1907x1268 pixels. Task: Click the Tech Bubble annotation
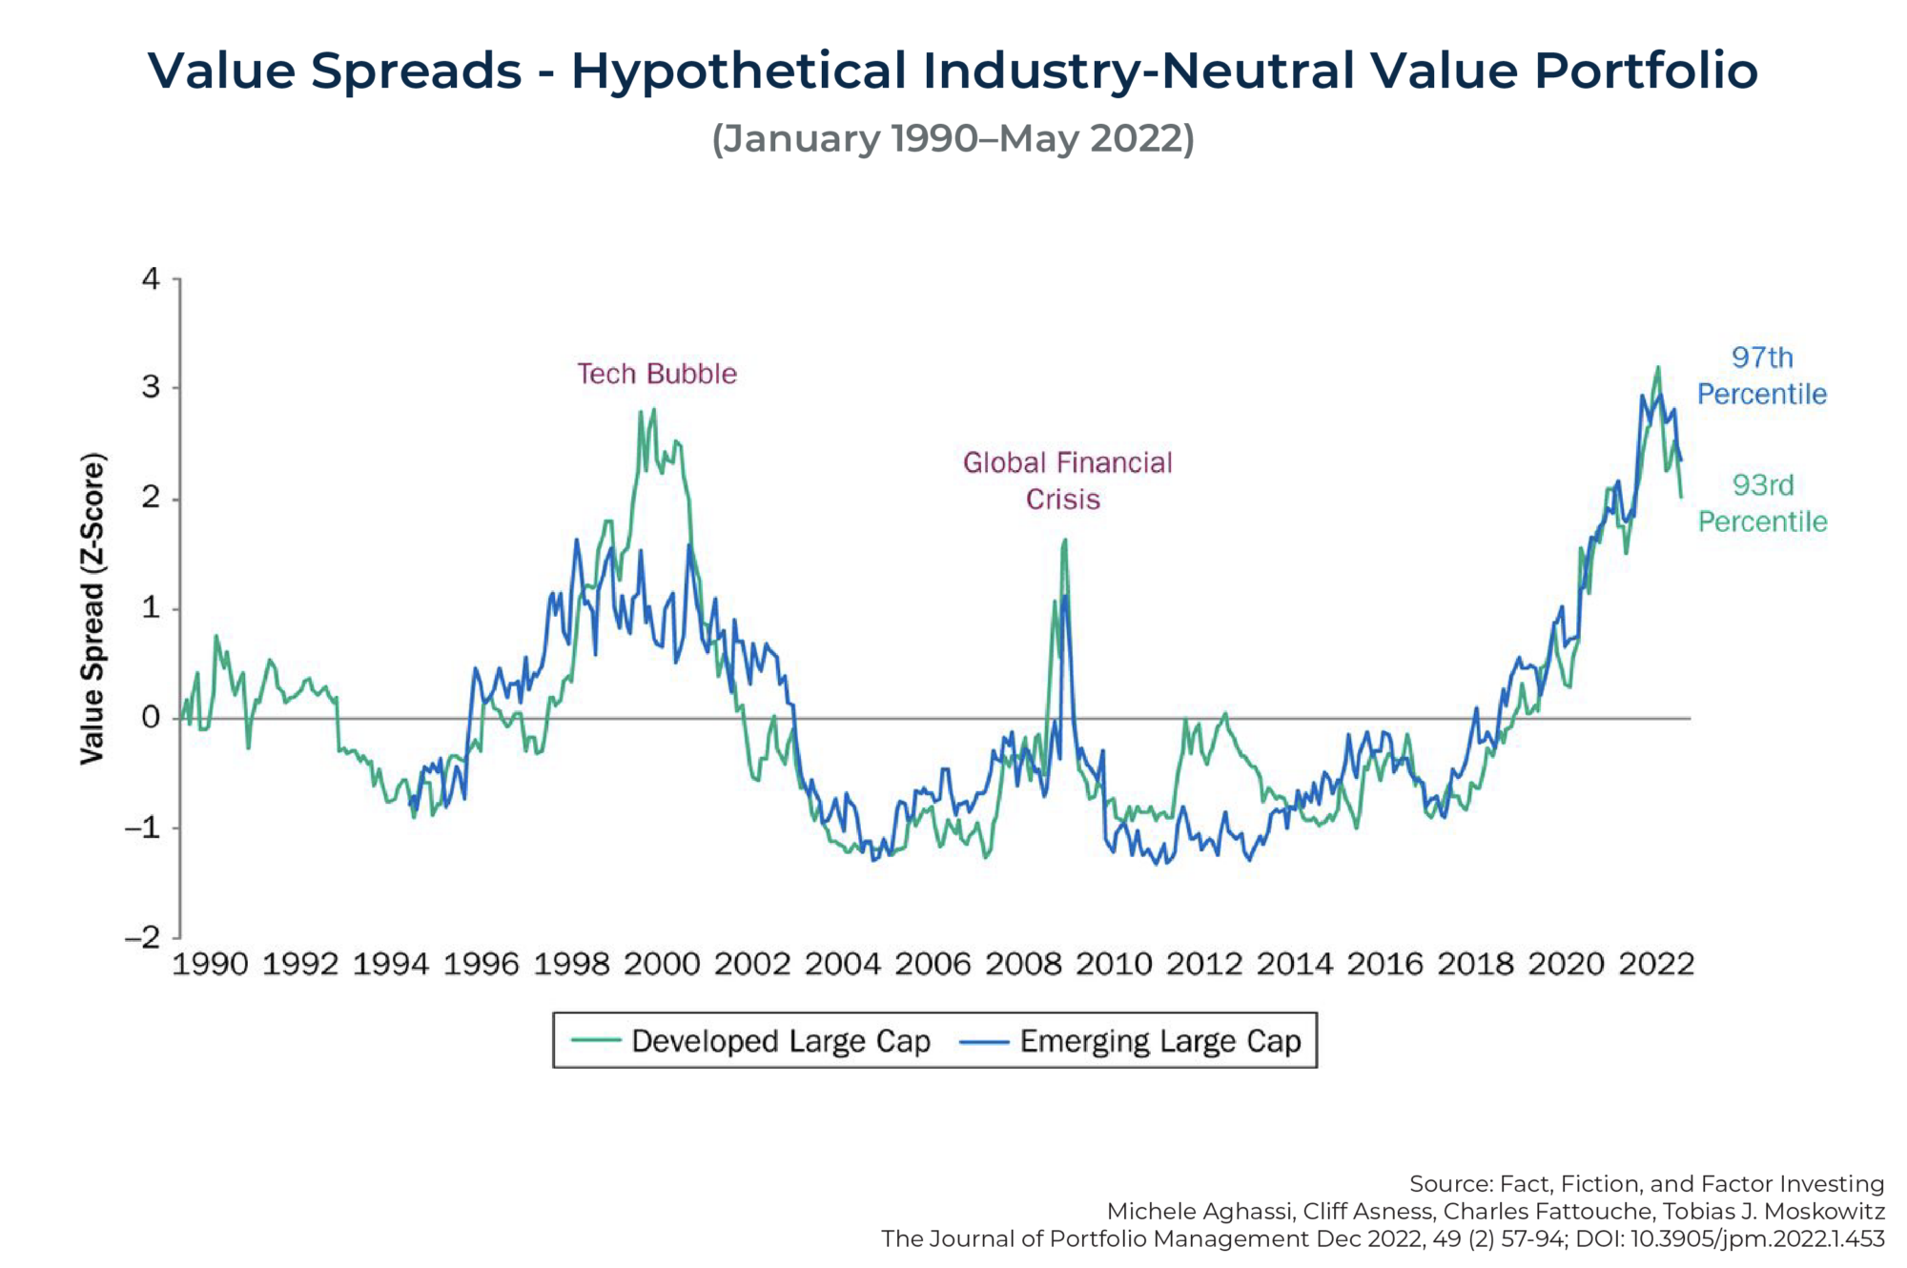click(x=656, y=374)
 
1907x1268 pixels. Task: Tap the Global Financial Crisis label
click(x=1067, y=481)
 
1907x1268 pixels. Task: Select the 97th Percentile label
click(x=1761, y=376)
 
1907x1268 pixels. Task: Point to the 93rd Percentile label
click(x=1762, y=503)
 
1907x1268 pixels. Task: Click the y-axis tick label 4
click(x=151, y=279)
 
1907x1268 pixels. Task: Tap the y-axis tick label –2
click(x=144, y=937)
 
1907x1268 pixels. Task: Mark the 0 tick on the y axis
click(x=151, y=718)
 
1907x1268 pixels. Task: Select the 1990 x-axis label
click(x=210, y=965)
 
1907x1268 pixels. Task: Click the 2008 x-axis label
click(x=1023, y=965)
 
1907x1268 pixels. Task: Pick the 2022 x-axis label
click(x=1656, y=965)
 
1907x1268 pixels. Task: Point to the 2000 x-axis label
click(x=662, y=965)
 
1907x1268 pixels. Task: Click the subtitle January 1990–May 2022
click(x=953, y=138)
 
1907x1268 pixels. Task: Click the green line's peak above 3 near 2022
click(x=1658, y=367)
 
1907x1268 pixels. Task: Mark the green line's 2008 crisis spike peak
click(x=1064, y=541)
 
